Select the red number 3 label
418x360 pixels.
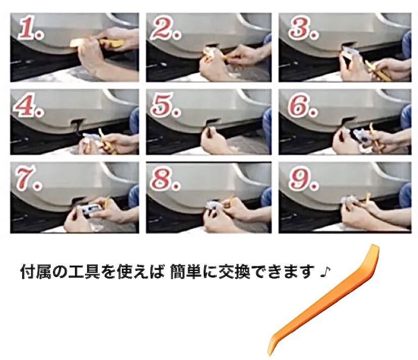[303, 28]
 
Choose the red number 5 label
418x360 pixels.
[166, 105]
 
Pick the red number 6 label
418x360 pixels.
[303, 105]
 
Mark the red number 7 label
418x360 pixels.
[29, 178]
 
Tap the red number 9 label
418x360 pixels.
[303, 178]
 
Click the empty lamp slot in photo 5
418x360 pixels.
[211, 123]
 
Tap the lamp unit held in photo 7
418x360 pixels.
[90, 209]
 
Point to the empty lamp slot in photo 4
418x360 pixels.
[77, 126]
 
